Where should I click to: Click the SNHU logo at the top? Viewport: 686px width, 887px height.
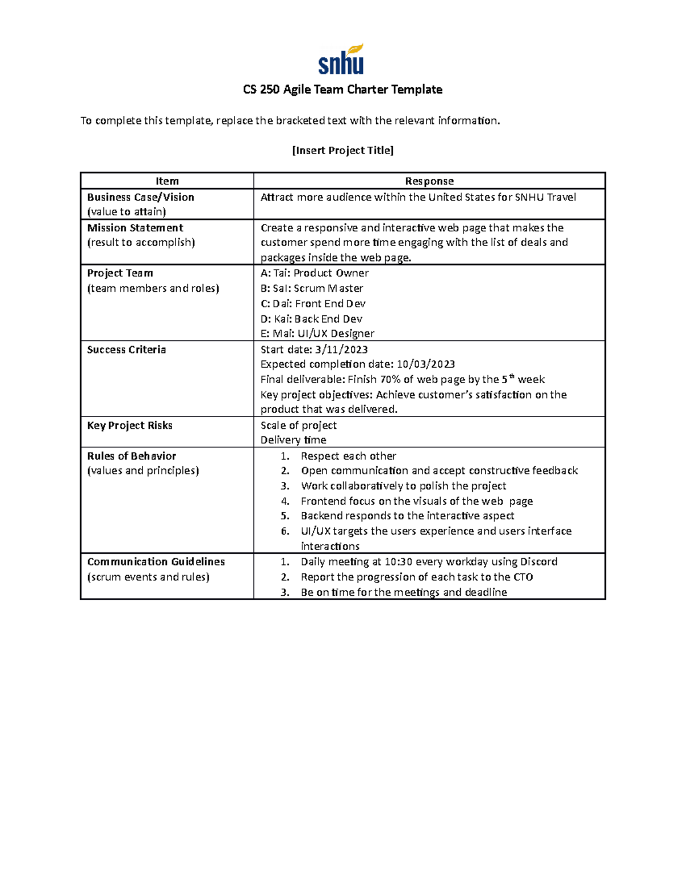341,60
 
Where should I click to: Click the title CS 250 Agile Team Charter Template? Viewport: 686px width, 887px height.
342,90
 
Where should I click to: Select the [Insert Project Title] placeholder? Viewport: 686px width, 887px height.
342,150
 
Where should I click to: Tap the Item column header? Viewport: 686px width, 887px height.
167,181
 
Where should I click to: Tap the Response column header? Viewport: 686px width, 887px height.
429,181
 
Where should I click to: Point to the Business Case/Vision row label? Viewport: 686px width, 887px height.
141,197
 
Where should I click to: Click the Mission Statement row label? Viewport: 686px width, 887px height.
135,227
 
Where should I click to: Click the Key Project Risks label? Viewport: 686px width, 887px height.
130,426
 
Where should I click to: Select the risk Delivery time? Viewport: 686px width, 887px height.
293,440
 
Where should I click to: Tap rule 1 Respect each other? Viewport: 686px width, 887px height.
348,456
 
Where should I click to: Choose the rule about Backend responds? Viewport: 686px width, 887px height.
407,516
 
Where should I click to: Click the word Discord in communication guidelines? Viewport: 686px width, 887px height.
539,562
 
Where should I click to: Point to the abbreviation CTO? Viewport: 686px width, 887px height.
523,577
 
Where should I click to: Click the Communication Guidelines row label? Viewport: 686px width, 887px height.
155,562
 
